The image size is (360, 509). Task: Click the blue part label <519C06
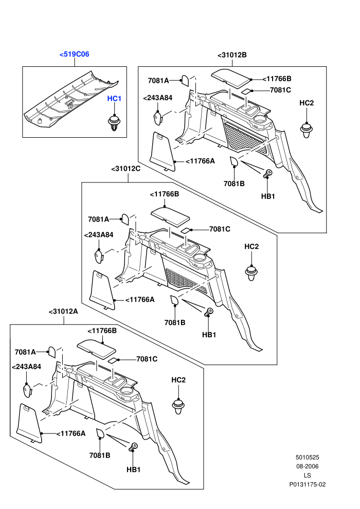[74, 54]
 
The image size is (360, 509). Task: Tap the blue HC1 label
[114, 98]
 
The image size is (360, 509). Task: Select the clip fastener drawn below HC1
[114, 123]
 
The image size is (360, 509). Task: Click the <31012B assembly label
[232, 55]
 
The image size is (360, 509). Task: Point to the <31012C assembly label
[126, 169]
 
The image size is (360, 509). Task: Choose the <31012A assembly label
[63, 311]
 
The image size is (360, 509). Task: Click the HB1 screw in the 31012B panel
[267, 174]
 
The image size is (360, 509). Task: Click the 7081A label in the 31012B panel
[158, 81]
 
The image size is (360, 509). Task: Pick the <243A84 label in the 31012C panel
[99, 234]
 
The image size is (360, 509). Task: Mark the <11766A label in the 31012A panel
[71, 433]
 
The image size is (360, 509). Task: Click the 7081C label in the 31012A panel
[147, 359]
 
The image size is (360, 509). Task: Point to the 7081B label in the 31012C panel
[175, 322]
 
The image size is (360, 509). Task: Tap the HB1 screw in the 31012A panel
[133, 447]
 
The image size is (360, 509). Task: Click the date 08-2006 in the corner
[307, 466]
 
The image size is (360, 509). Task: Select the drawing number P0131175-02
[308, 484]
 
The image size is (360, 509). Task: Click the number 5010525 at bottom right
[307, 458]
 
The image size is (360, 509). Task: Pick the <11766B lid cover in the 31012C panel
[170, 216]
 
